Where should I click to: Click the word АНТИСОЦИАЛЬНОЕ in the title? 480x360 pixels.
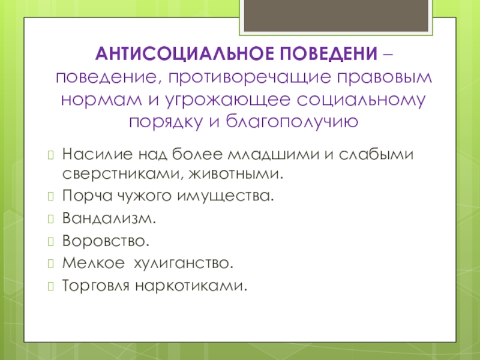click(x=185, y=53)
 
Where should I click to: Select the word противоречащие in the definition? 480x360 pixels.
click(x=250, y=78)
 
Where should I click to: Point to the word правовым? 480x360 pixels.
click(x=385, y=78)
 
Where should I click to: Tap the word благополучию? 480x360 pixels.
click(x=292, y=122)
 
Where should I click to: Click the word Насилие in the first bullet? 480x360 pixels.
click(x=97, y=154)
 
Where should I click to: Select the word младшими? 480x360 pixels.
click(x=274, y=154)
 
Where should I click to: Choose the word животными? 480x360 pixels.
click(x=236, y=174)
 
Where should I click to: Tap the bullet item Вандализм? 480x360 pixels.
click(x=109, y=218)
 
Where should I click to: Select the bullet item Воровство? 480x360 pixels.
click(x=106, y=241)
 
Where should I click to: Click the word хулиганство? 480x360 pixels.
click(x=184, y=263)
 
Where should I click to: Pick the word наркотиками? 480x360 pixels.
click(x=191, y=286)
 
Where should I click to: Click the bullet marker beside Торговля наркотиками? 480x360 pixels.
click(x=51, y=286)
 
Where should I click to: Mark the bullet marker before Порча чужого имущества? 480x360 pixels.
click(x=51, y=196)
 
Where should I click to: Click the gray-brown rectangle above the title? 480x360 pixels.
click(x=336, y=16)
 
